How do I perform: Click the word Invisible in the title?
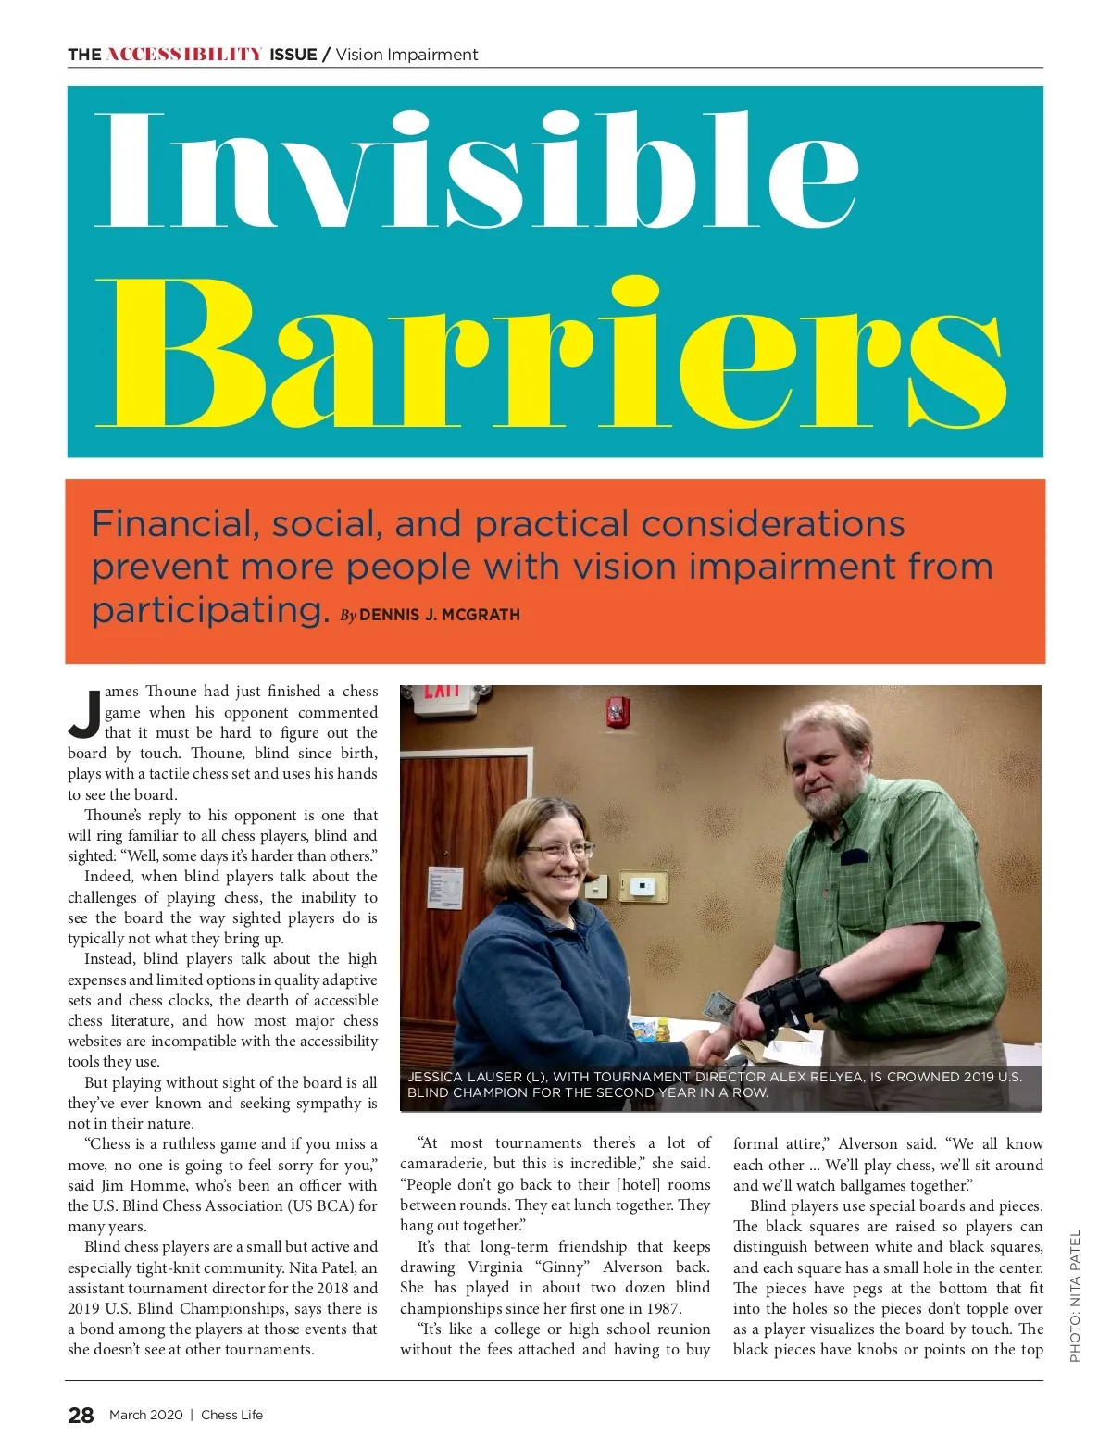tap(477, 171)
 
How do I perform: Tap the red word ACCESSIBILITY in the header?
tap(184, 55)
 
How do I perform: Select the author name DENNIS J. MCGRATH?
tap(439, 615)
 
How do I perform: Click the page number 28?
tap(81, 1415)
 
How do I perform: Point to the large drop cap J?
tap(85, 714)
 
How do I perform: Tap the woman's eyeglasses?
tap(557, 849)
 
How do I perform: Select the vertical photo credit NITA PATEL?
tap(1075, 1296)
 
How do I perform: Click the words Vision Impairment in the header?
tap(407, 55)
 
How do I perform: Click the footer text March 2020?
tap(145, 1415)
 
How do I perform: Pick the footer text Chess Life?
tap(232, 1415)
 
